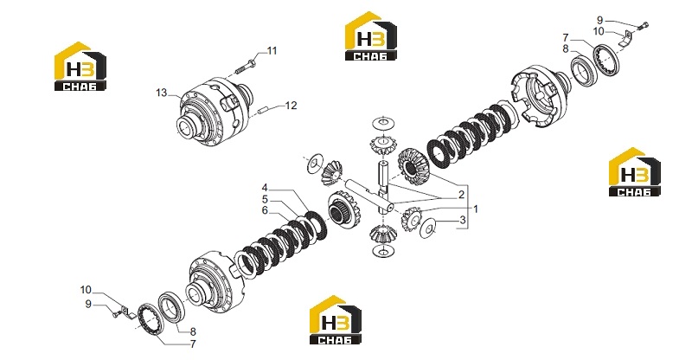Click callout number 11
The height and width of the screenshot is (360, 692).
[272, 51]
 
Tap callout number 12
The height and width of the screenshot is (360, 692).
[291, 106]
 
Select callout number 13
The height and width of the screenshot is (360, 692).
[162, 93]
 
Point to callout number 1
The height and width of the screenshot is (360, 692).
[476, 209]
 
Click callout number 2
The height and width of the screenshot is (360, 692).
[461, 195]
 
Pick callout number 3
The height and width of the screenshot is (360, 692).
[463, 220]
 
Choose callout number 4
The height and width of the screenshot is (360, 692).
[265, 187]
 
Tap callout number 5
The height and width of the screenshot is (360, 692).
[265, 199]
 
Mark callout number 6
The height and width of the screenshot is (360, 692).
[265, 210]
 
